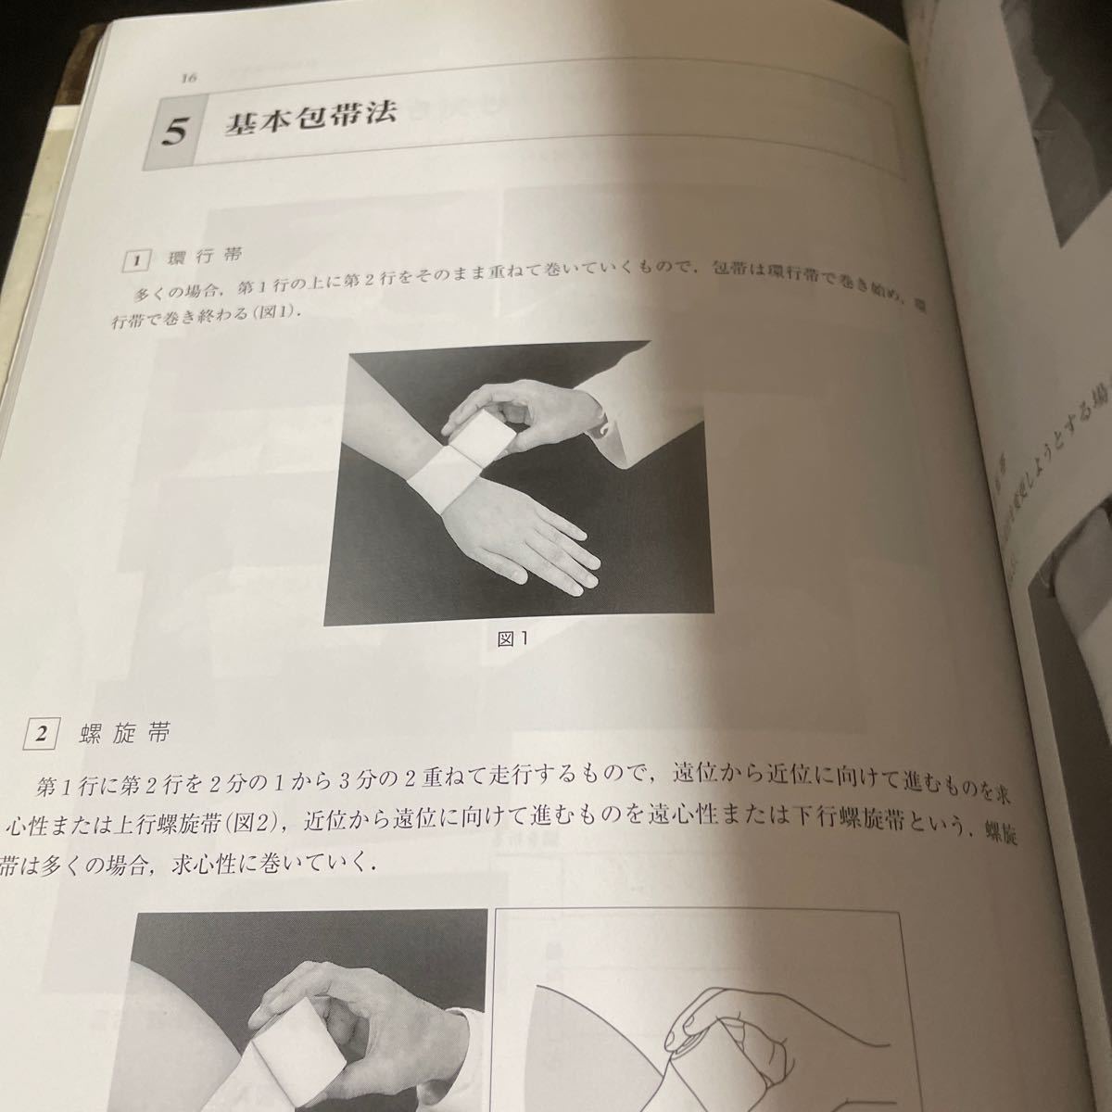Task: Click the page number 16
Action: click(189, 80)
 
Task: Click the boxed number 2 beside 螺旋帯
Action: click(40, 735)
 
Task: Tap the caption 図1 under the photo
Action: click(512, 639)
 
